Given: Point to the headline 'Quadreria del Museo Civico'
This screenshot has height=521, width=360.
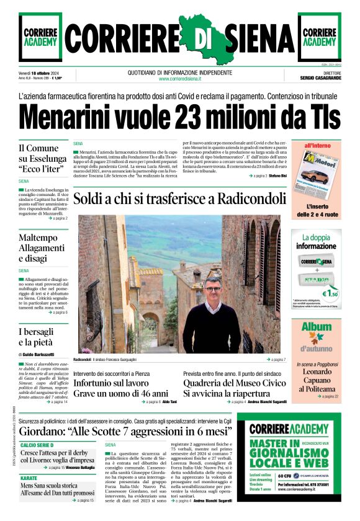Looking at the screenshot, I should (235, 383).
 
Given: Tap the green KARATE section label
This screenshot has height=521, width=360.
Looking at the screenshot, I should (29, 479).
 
